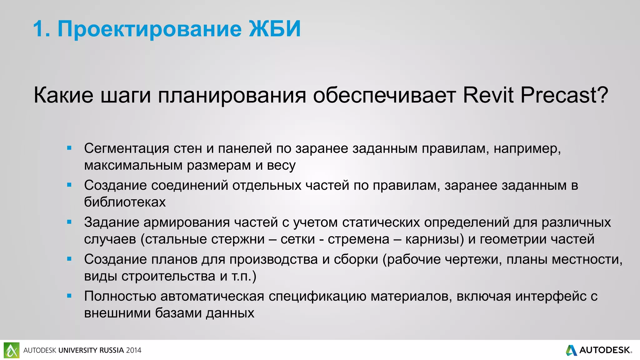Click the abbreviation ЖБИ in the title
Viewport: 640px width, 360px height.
click(275, 29)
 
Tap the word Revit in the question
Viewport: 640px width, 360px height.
click(488, 95)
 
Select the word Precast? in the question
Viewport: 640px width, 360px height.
click(564, 95)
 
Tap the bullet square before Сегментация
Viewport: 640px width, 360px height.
click(69, 148)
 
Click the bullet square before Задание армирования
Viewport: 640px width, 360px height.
click(69, 222)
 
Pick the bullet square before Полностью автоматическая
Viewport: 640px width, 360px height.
click(69, 296)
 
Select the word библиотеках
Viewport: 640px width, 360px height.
click(125, 202)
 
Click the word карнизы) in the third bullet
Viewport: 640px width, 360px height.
click(435, 239)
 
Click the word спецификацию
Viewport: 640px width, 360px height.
click(317, 297)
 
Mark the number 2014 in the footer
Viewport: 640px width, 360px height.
click(134, 350)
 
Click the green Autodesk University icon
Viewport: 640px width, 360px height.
click(12, 350)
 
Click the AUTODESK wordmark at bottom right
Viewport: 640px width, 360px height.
click(605, 350)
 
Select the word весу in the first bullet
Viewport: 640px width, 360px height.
click(281, 166)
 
